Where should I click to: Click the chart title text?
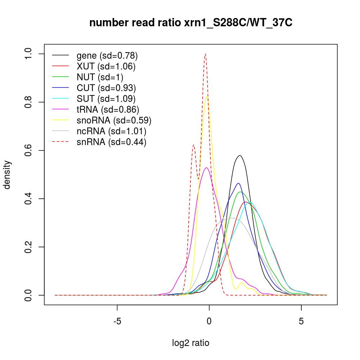point(191,23)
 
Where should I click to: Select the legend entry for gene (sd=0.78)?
point(107,56)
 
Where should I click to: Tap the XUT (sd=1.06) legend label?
point(106,67)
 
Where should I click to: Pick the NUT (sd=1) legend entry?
point(100,77)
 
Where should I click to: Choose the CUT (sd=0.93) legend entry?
point(106,88)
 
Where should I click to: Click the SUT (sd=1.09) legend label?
point(106,99)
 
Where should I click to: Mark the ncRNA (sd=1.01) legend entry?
point(111,131)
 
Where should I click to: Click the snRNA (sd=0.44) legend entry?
point(111,142)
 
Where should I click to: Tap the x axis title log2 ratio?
point(191,343)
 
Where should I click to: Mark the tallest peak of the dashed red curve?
point(205,54)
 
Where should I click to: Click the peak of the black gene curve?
point(239,156)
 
